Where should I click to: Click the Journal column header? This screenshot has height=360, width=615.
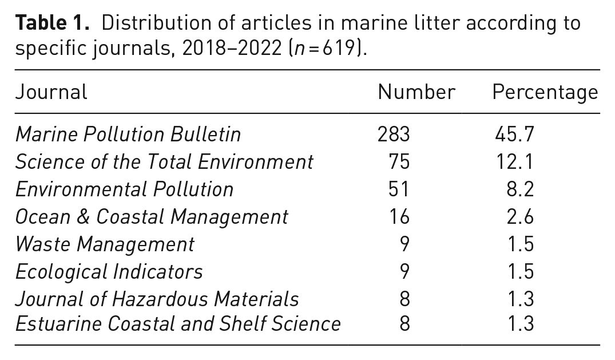(x=51, y=92)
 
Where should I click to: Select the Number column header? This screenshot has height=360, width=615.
(x=416, y=92)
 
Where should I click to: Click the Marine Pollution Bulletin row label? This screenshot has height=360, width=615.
(x=128, y=134)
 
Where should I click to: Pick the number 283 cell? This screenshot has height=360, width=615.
(x=394, y=134)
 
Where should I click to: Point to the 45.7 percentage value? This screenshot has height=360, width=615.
(x=514, y=134)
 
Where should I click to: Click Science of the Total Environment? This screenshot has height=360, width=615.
(x=164, y=162)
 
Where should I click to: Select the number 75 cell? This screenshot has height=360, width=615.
(x=399, y=162)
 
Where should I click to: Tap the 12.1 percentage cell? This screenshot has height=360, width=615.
(x=514, y=162)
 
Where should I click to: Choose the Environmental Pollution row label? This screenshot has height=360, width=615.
(x=124, y=189)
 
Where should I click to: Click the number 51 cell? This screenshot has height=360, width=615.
(x=399, y=189)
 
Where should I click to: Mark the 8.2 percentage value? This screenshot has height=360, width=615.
(x=520, y=189)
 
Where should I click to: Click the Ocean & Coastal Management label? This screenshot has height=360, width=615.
(x=152, y=217)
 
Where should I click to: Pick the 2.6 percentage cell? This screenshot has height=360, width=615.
(x=520, y=217)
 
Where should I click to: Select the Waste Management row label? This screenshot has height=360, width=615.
(x=104, y=244)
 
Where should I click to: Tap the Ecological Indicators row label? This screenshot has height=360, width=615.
(x=109, y=272)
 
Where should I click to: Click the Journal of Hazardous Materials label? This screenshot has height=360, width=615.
(x=157, y=299)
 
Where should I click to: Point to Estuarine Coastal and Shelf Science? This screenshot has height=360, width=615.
(x=178, y=324)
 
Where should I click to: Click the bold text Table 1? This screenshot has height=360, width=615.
(x=53, y=23)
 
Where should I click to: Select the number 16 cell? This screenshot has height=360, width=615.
(x=399, y=217)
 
